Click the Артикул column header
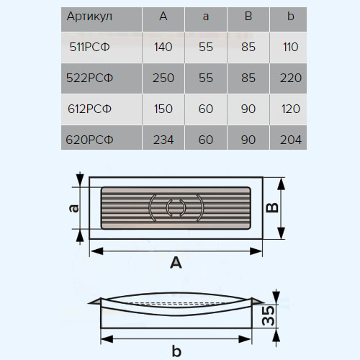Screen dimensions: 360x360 [89, 17]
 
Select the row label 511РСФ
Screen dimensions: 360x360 [89, 47]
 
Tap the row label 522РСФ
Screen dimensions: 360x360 [89, 78]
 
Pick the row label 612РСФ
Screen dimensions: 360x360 [89, 109]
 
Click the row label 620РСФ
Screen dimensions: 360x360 [89, 140]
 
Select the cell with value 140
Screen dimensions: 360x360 [163, 47]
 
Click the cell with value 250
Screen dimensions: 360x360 [163, 78]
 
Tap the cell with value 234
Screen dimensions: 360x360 [163, 140]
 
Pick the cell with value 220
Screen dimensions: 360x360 [291, 78]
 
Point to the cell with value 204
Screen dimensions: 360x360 [291, 140]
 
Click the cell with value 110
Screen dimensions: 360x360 [291, 47]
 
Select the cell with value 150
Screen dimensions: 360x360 [163, 109]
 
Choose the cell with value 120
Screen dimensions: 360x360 [291, 109]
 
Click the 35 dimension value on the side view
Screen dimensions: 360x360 [268, 315]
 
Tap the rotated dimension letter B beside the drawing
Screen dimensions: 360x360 [272, 207]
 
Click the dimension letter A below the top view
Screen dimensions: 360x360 [176, 263]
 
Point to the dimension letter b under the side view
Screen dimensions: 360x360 [176, 351]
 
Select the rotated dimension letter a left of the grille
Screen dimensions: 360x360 [73, 208]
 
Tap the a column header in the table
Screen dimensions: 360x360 [206, 17]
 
